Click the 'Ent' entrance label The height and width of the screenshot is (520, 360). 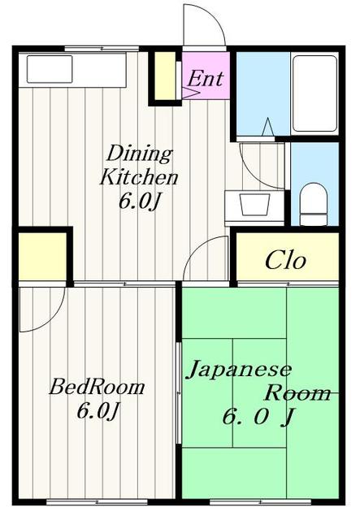click(206, 80)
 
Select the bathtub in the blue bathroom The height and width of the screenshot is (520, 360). click(314, 93)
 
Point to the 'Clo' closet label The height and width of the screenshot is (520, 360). click(285, 261)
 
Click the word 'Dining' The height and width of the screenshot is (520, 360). click(140, 154)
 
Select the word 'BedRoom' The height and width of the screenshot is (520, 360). click(96, 387)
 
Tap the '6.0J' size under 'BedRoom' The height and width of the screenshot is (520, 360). click(98, 411)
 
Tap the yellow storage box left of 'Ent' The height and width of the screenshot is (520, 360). click(166, 76)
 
